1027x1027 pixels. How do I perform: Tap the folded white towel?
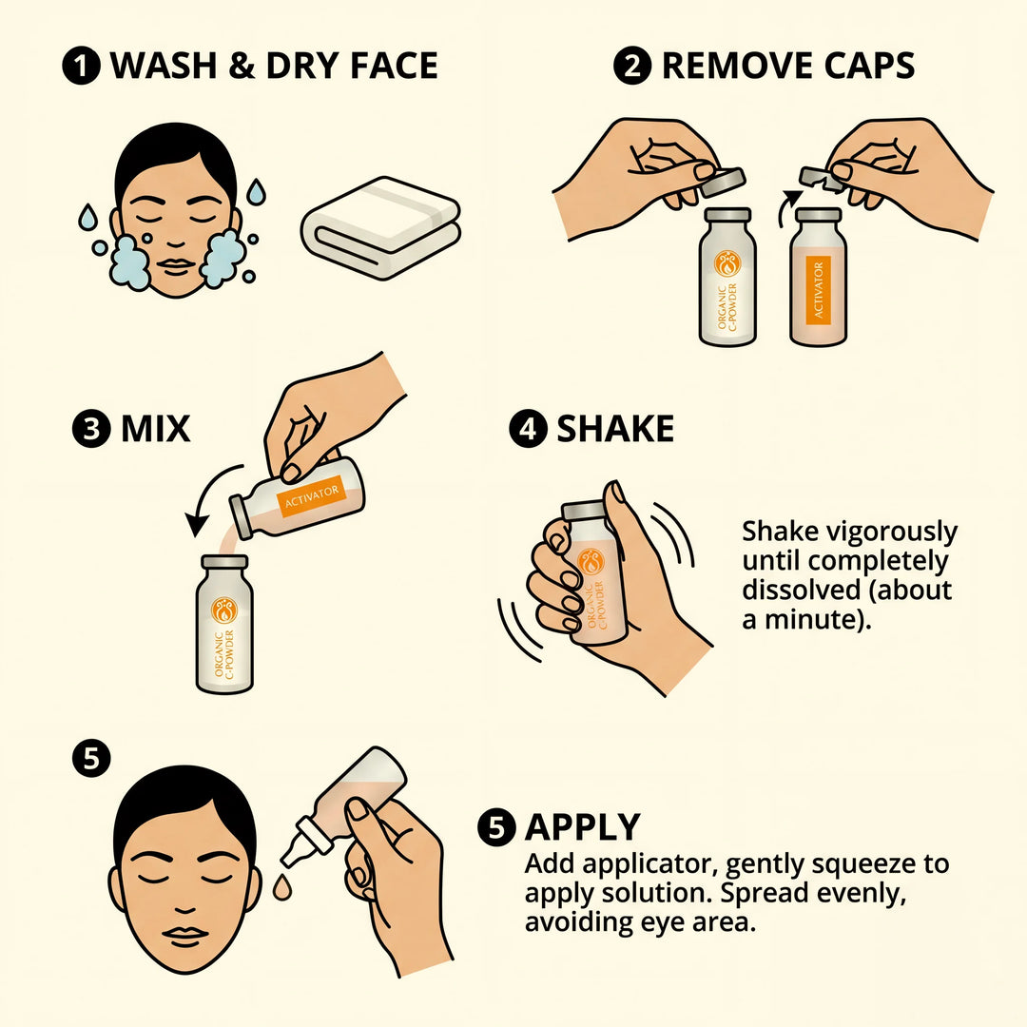pos(380,228)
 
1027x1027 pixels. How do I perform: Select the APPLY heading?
pos(583,828)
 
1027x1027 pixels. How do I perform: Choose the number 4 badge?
pos(528,429)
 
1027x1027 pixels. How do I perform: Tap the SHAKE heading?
pos(615,429)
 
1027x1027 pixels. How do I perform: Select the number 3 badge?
pos(91,429)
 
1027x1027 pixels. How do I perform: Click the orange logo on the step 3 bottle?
pos(224,609)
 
